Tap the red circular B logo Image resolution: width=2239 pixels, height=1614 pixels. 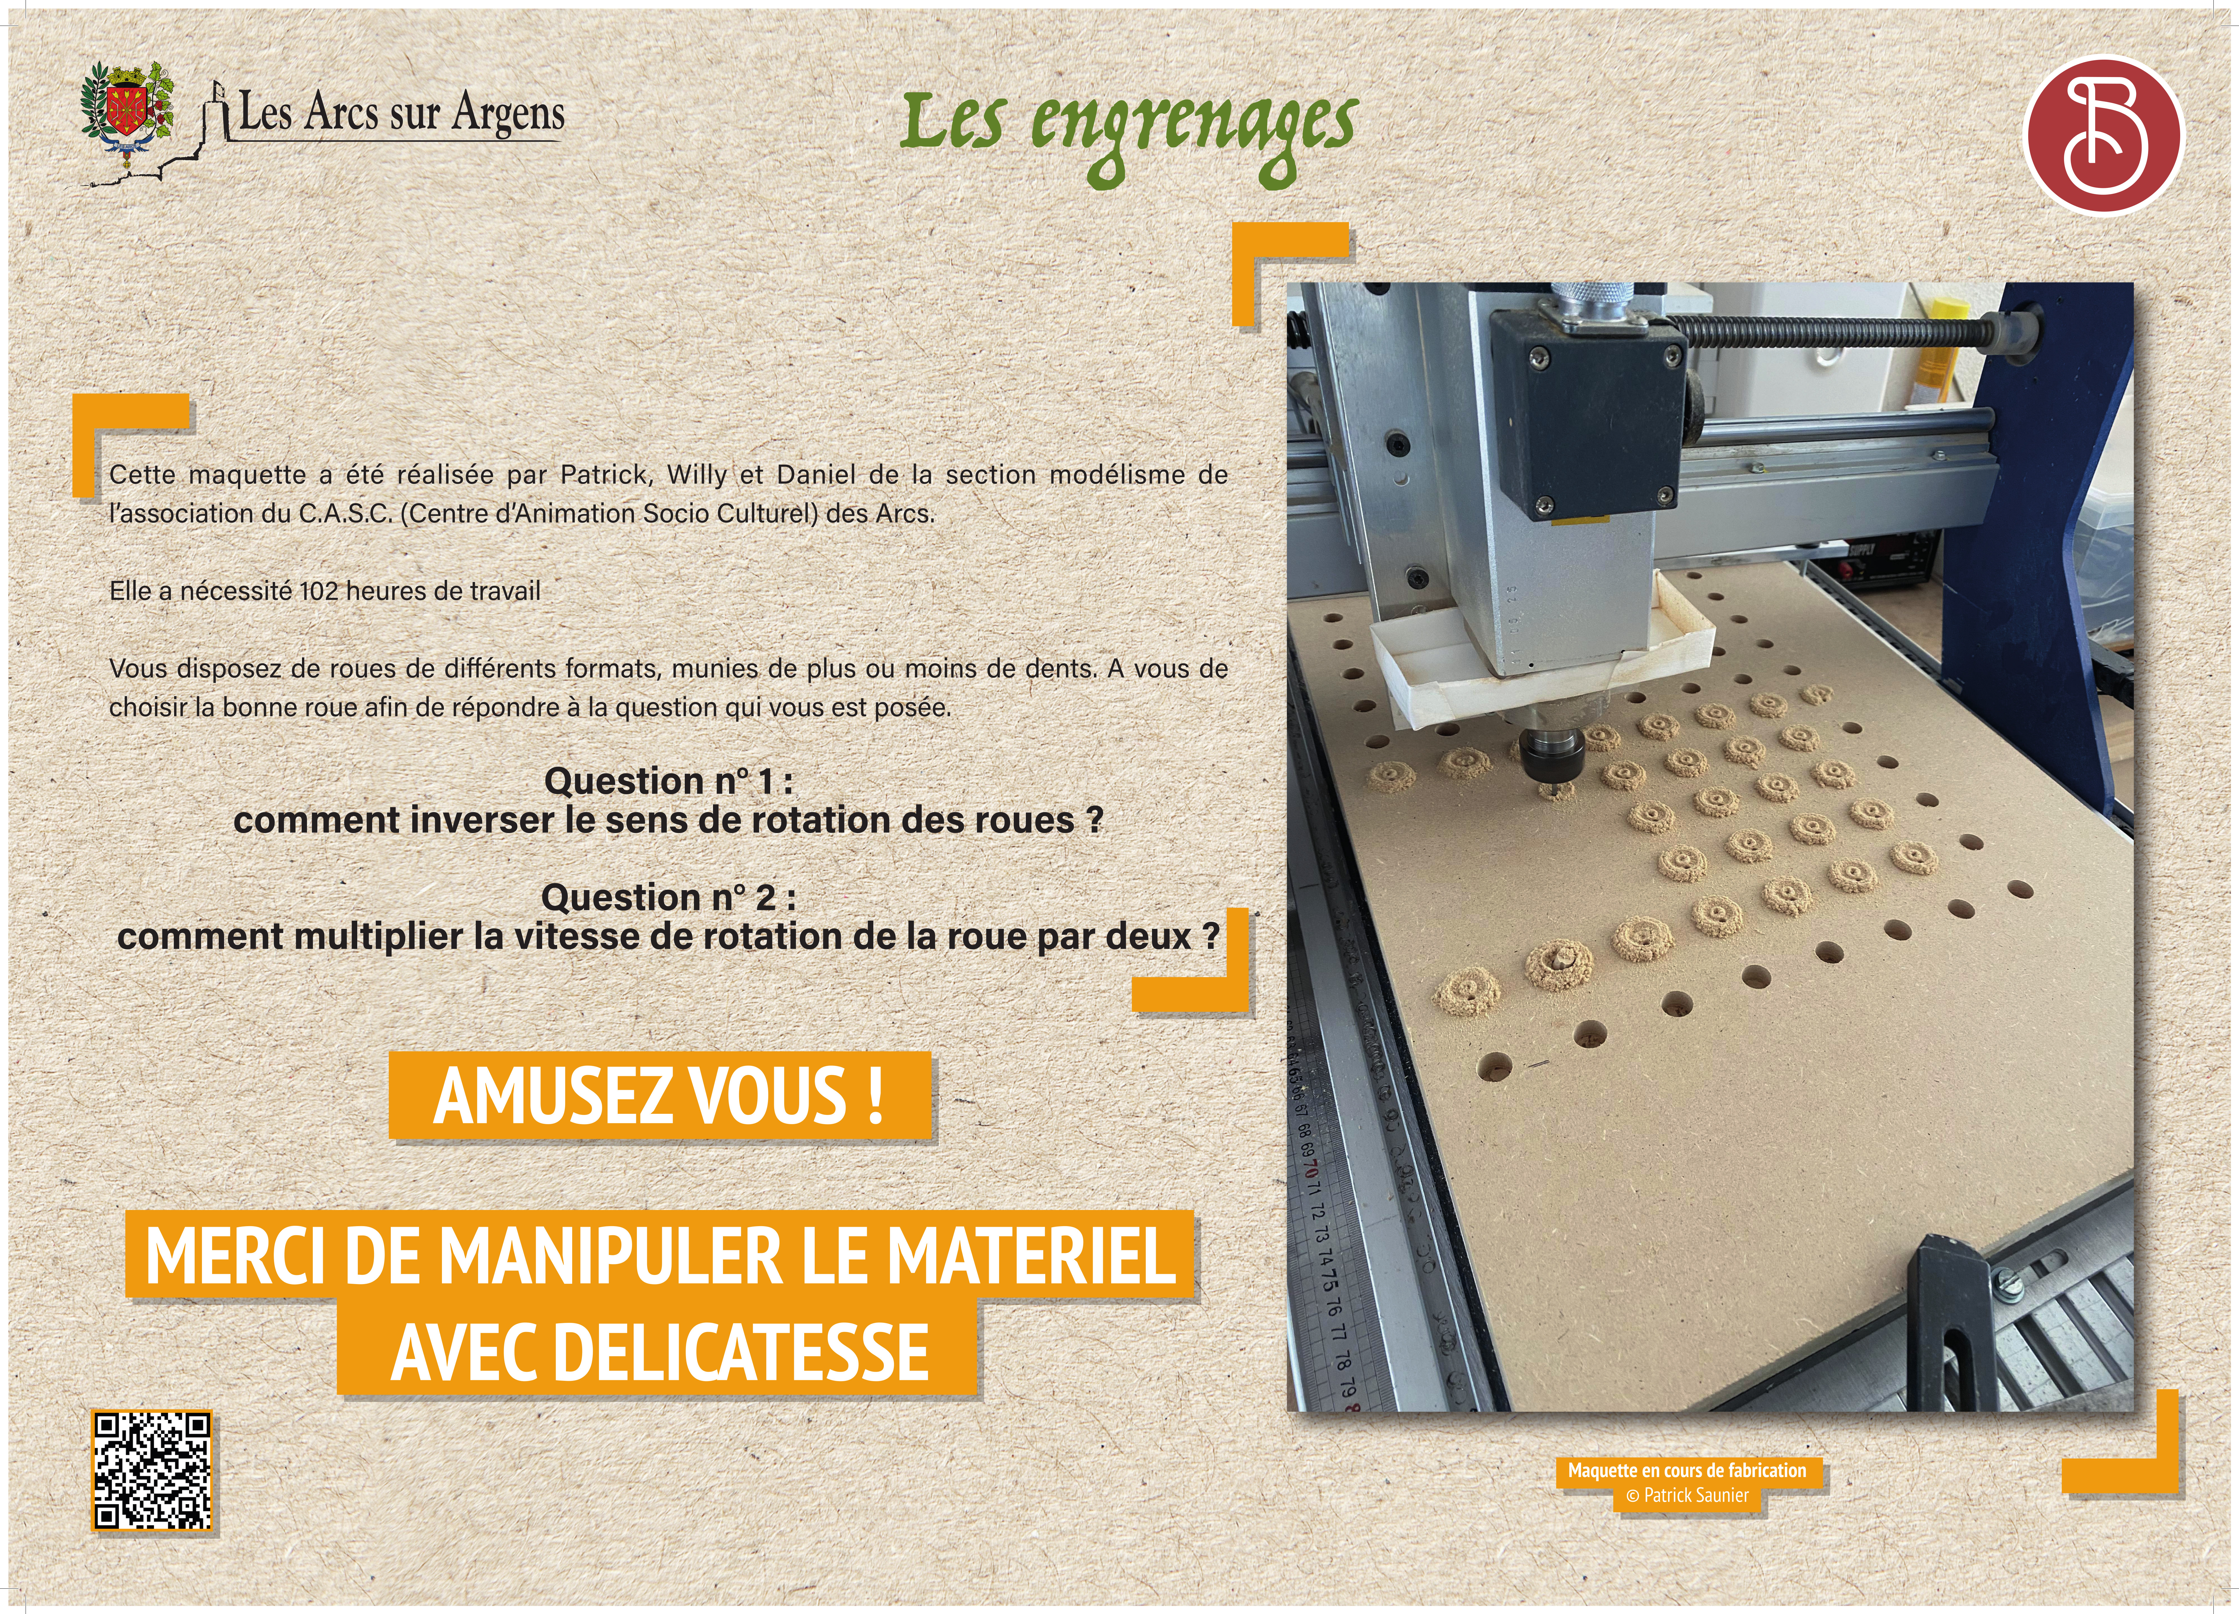click(x=2104, y=135)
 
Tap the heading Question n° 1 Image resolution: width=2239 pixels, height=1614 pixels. click(x=668, y=781)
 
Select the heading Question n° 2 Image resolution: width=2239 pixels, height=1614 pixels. click(x=668, y=897)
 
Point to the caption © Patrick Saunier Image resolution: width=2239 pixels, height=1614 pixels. click(x=1687, y=1496)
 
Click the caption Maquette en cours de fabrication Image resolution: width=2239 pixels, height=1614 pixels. click(x=1687, y=1470)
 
